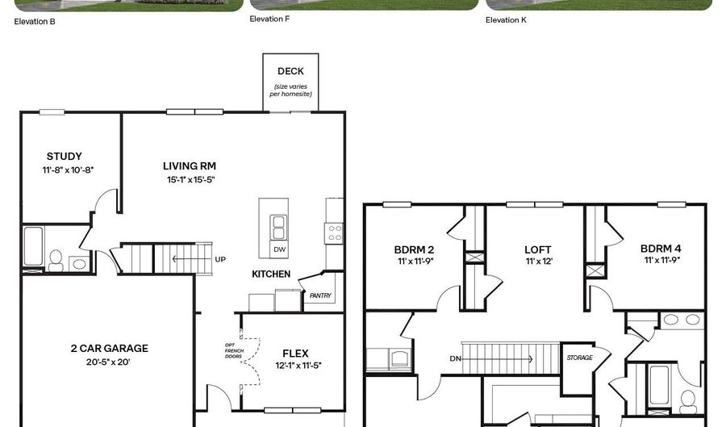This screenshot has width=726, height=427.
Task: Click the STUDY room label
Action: [x=65, y=157]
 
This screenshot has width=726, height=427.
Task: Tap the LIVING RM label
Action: [x=190, y=165]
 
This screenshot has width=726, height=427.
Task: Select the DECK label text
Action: [x=290, y=71]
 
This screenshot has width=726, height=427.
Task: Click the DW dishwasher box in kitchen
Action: [x=279, y=249]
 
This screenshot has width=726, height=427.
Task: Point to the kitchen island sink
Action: [x=279, y=227]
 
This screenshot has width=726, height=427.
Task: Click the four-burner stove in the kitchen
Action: [x=334, y=233]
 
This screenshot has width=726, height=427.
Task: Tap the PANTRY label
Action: [x=320, y=295]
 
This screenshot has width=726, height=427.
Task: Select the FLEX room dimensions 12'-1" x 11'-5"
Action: [x=298, y=366]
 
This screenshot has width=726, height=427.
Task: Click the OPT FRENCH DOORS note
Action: [x=234, y=350]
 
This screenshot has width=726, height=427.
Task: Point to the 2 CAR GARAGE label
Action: [x=109, y=348]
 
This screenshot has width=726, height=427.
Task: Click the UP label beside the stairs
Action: [x=220, y=259]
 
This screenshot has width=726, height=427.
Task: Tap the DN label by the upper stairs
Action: [x=455, y=358]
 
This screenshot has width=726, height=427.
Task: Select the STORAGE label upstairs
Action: [x=580, y=358]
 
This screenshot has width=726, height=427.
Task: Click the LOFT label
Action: [x=538, y=250]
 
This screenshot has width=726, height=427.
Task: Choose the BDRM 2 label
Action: [x=415, y=249]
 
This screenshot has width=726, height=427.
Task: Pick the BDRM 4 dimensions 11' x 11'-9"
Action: [x=662, y=260]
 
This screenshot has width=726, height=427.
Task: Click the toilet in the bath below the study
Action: [x=56, y=261]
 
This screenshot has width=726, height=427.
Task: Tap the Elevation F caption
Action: [x=269, y=19]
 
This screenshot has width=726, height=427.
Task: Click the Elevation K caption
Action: [x=506, y=20]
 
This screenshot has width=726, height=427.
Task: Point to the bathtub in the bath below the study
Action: [x=33, y=246]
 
